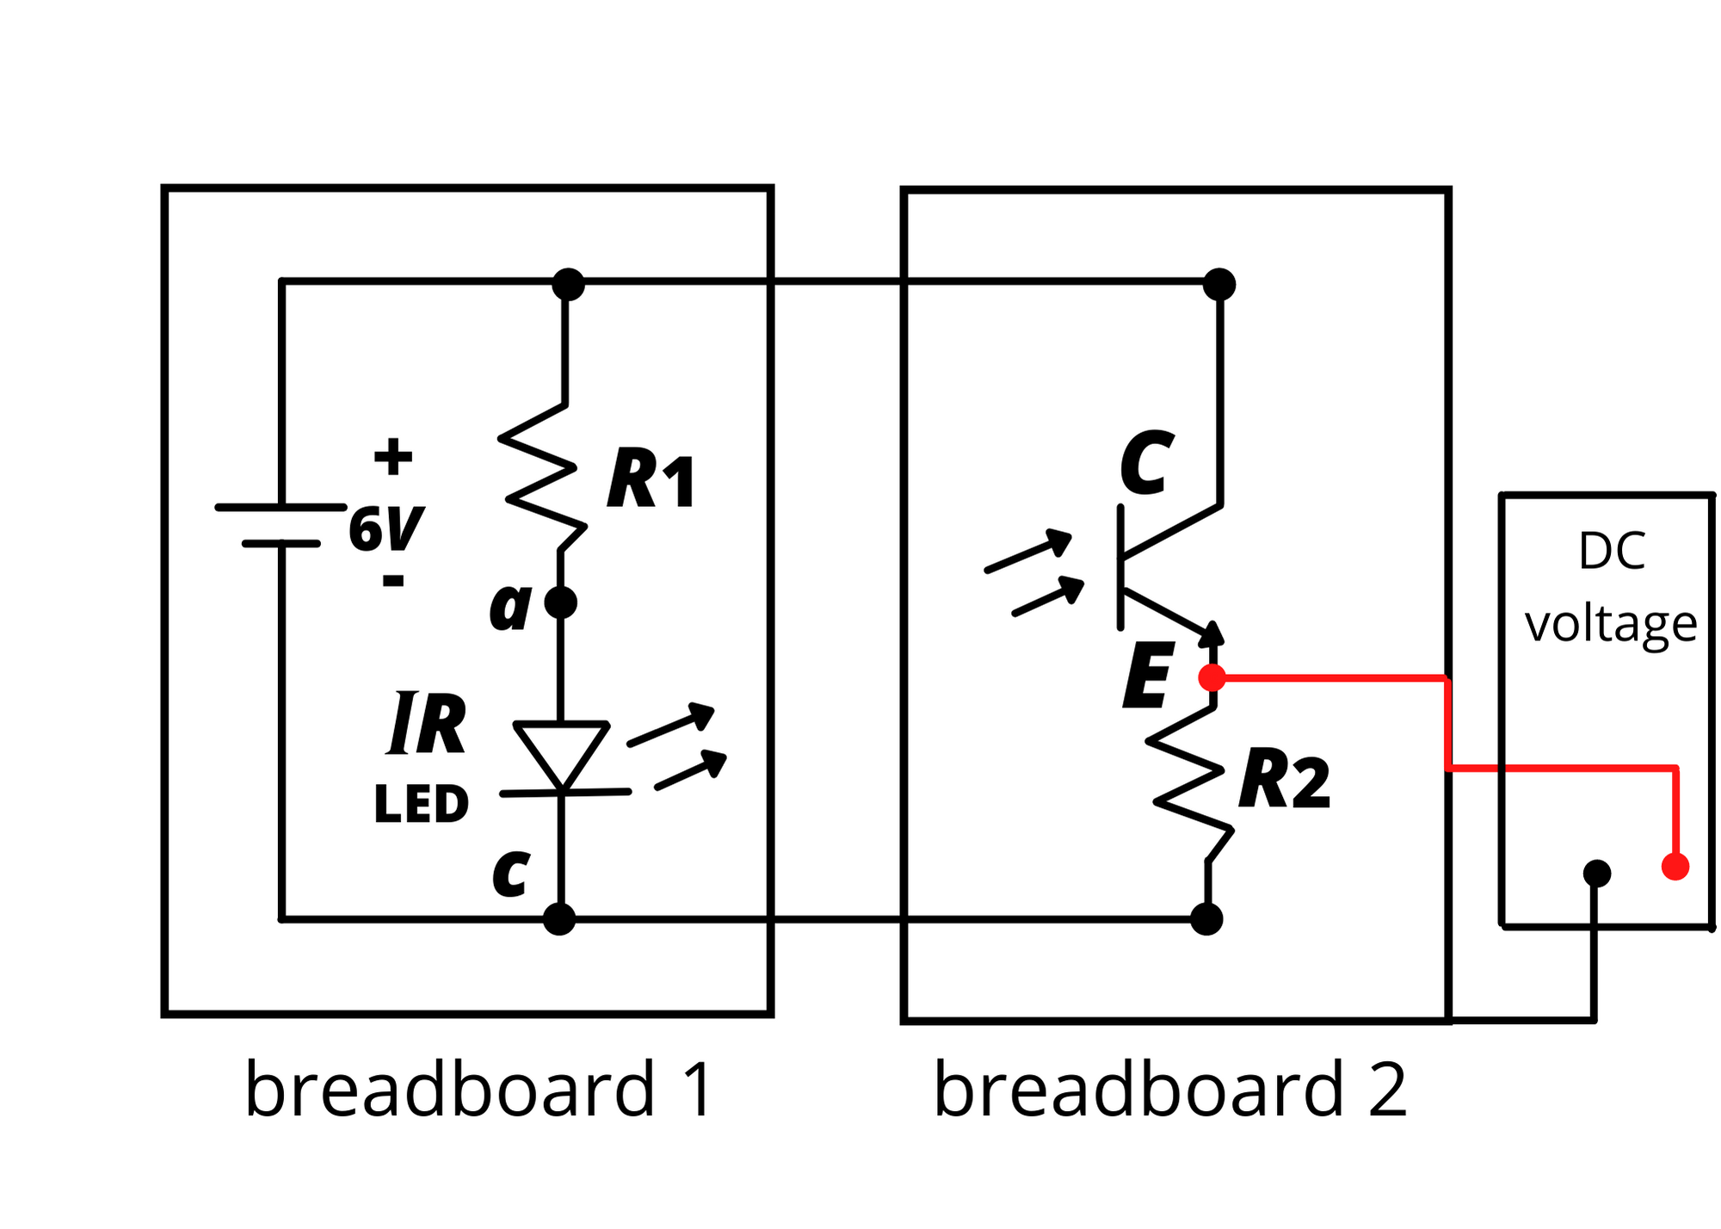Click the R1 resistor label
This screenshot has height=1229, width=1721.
[651, 480]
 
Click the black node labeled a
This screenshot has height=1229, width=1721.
[561, 602]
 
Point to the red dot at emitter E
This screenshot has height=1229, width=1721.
[1212, 678]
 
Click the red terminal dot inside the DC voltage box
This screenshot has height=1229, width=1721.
[1675, 866]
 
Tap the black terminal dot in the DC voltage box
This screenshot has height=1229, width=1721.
[1596, 874]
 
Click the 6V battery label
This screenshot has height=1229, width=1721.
[386, 528]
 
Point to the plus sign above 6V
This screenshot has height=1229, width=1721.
[393, 457]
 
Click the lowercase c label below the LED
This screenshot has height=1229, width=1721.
[510, 874]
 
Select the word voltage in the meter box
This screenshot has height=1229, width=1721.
[1610, 624]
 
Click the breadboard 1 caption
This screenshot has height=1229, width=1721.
[478, 1090]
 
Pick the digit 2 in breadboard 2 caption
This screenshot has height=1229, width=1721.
[1386, 1090]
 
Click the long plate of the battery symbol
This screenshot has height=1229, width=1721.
[281, 508]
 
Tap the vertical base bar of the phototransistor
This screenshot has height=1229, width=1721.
[1120, 568]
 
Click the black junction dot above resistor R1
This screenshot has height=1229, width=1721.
[568, 284]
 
